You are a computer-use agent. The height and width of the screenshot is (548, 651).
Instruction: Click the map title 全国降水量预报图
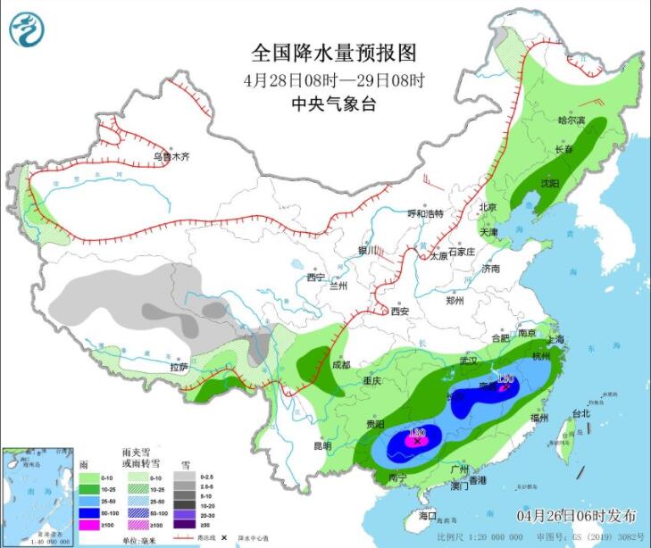[333, 54]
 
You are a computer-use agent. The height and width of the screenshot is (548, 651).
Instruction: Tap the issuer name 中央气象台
[334, 104]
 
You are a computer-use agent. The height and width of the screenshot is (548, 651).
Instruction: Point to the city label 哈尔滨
[572, 120]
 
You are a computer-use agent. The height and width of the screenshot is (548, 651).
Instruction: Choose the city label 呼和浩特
[426, 213]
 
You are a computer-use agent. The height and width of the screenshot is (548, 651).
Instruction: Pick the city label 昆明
[321, 444]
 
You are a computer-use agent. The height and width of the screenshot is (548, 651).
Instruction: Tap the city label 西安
[398, 311]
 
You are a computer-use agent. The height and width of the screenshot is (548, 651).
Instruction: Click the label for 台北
[581, 413]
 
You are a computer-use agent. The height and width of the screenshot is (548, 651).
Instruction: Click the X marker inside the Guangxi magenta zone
[416, 441]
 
